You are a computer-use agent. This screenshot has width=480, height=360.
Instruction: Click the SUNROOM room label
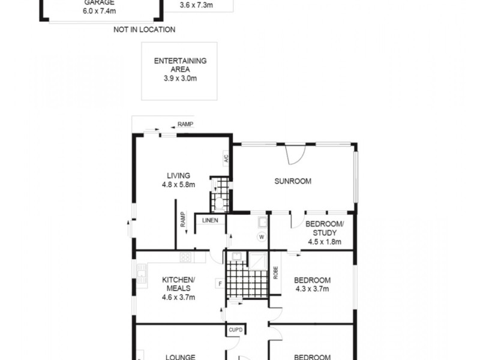pyautogui.click(x=293, y=181)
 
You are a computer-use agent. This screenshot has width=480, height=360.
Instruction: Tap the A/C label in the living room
pyautogui.click(x=226, y=160)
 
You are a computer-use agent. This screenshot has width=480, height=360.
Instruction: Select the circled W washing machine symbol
pyautogui.click(x=261, y=236)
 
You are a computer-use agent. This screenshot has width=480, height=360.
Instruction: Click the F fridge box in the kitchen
pyautogui.click(x=220, y=283)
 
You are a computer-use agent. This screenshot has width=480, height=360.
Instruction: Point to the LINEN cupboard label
pyautogui.click(x=209, y=220)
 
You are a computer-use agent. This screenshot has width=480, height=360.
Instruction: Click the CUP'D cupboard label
pyautogui.click(x=235, y=329)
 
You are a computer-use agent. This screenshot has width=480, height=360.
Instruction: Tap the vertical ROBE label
pyautogui.click(x=275, y=273)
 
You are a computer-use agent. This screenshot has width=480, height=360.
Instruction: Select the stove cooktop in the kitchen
pyautogui.click(x=186, y=257)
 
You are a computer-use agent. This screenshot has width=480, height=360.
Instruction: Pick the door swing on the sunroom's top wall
pyautogui.click(x=294, y=155)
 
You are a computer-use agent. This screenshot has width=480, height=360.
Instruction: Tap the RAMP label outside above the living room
pyautogui.click(x=185, y=125)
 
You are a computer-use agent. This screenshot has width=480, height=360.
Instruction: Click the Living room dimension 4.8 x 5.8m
pyautogui.click(x=178, y=185)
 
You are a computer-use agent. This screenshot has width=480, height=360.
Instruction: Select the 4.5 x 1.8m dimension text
pyautogui.click(x=324, y=242)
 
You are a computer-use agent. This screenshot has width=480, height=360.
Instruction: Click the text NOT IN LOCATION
pyautogui.click(x=144, y=29)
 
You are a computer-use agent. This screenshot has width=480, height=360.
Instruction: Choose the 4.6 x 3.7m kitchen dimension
pyautogui.click(x=178, y=296)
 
